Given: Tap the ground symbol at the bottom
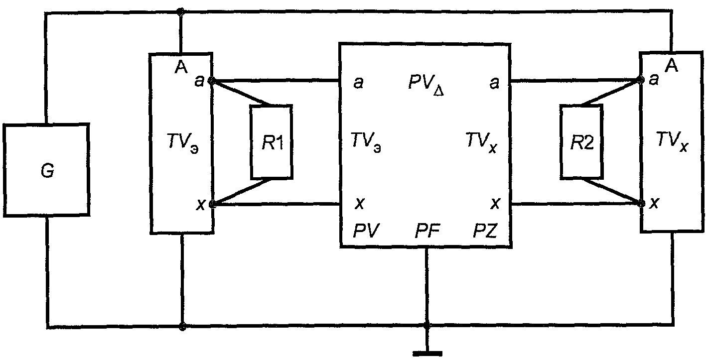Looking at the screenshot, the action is click(427, 354).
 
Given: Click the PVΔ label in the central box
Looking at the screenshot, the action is click(426, 85).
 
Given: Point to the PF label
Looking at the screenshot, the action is click(427, 232).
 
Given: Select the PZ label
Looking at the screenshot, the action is click(485, 231).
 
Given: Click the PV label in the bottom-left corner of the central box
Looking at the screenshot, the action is click(366, 231).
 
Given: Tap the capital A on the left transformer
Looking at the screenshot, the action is click(181, 67).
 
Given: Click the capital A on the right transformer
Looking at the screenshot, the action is click(672, 66).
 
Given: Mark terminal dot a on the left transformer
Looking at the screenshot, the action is click(212, 81).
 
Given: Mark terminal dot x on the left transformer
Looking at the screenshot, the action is click(212, 205).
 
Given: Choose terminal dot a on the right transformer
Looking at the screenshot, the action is click(640, 80).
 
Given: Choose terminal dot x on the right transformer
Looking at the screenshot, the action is click(641, 204).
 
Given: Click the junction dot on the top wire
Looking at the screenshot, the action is click(181, 12).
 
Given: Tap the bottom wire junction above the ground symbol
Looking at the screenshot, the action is click(427, 327).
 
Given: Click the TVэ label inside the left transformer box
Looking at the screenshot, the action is click(183, 143).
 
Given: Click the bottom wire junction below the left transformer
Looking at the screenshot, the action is click(182, 326).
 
